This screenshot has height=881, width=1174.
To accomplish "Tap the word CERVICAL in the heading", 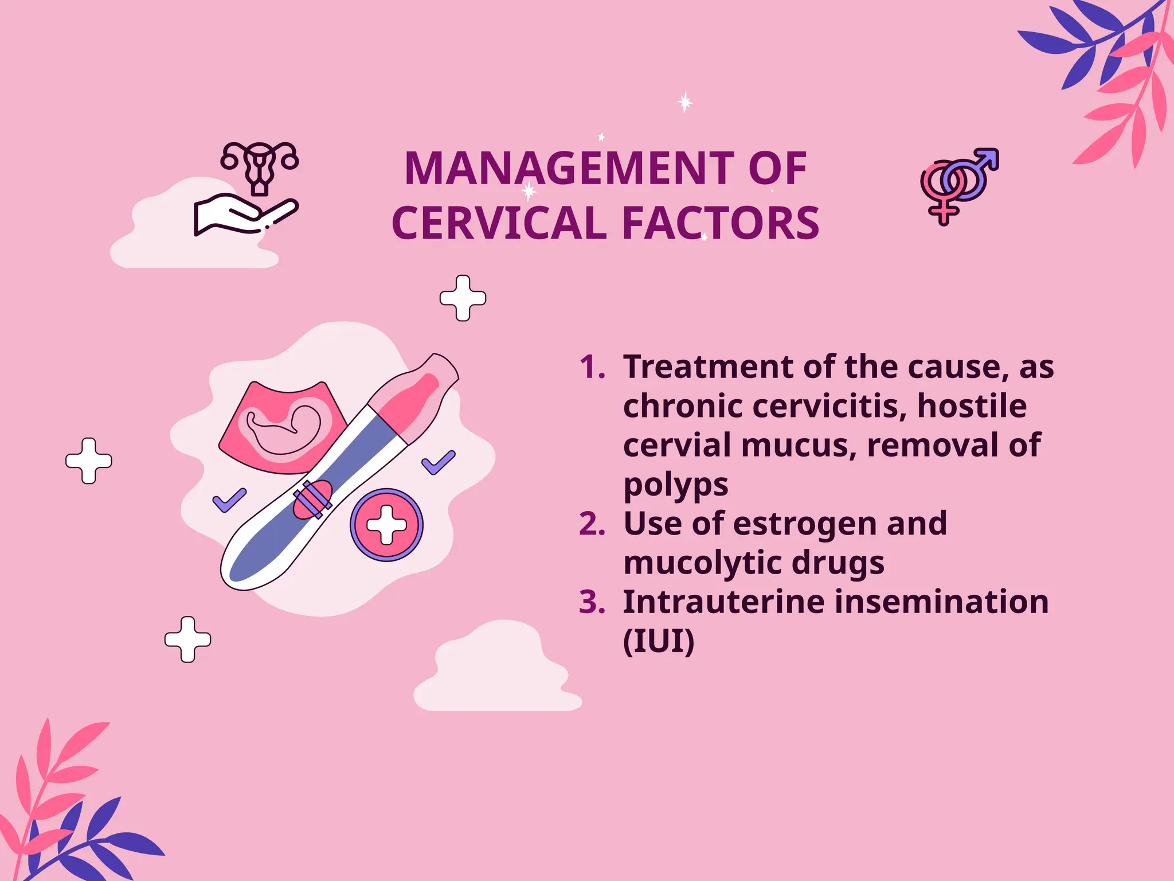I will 499,223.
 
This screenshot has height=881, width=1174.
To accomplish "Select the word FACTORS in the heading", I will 721,223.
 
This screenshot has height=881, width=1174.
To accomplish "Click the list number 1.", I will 592,367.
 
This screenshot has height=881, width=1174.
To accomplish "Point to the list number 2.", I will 592,524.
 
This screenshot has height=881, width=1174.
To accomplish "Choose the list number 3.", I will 592,602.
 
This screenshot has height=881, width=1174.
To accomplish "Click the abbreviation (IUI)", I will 658,641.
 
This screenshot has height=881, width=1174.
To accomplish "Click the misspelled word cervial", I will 675,446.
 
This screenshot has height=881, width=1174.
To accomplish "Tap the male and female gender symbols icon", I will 958,185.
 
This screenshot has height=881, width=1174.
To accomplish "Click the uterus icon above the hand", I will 260,167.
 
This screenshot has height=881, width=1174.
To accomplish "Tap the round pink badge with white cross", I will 386,525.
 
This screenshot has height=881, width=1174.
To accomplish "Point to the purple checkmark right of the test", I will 439,462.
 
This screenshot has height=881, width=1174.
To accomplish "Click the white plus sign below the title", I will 463,298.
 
